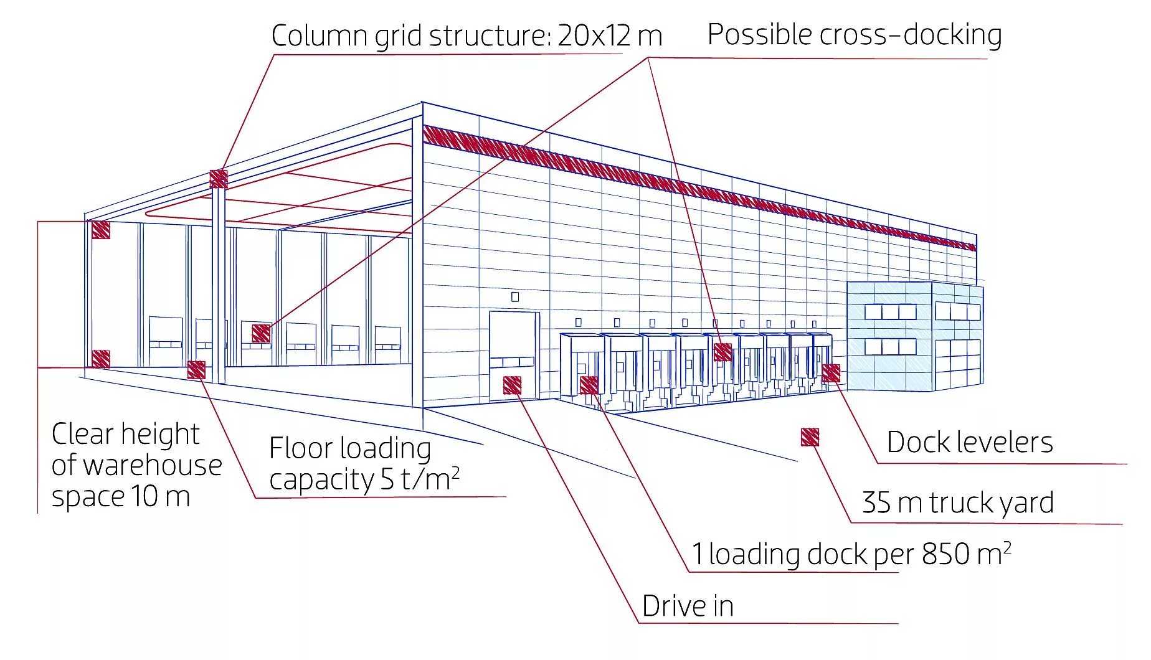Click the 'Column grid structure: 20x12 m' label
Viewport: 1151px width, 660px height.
point(466,35)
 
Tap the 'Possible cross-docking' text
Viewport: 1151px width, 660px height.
point(854,34)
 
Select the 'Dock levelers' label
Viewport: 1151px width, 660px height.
point(969,442)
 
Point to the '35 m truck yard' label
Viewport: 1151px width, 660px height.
point(957,502)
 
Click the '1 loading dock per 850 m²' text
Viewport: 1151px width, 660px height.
point(851,554)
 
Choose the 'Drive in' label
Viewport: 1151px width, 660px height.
point(688,606)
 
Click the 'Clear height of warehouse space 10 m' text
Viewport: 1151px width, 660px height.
point(136,465)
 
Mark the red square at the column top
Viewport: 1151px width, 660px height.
point(219,179)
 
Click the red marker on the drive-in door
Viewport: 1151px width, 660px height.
point(512,385)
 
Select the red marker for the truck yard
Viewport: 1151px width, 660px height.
point(810,437)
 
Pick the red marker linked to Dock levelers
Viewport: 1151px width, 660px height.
point(831,373)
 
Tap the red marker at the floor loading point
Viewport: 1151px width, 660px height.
point(196,370)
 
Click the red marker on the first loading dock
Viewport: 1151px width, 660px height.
point(589,385)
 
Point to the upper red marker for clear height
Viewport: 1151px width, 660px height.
point(101,229)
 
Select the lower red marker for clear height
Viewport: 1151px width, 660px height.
point(101,359)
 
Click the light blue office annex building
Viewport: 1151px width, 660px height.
point(914,336)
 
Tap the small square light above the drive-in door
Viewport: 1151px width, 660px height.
point(515,297)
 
